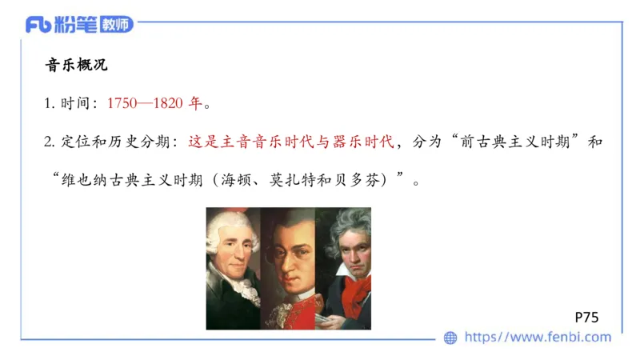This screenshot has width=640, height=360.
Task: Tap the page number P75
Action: point(586,317)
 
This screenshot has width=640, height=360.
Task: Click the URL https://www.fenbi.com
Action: point(538,338)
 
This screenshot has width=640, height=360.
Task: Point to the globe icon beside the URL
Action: point(450,338)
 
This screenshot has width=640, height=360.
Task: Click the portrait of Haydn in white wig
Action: point(234,268)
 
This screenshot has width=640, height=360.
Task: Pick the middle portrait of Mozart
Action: point(288,268)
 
